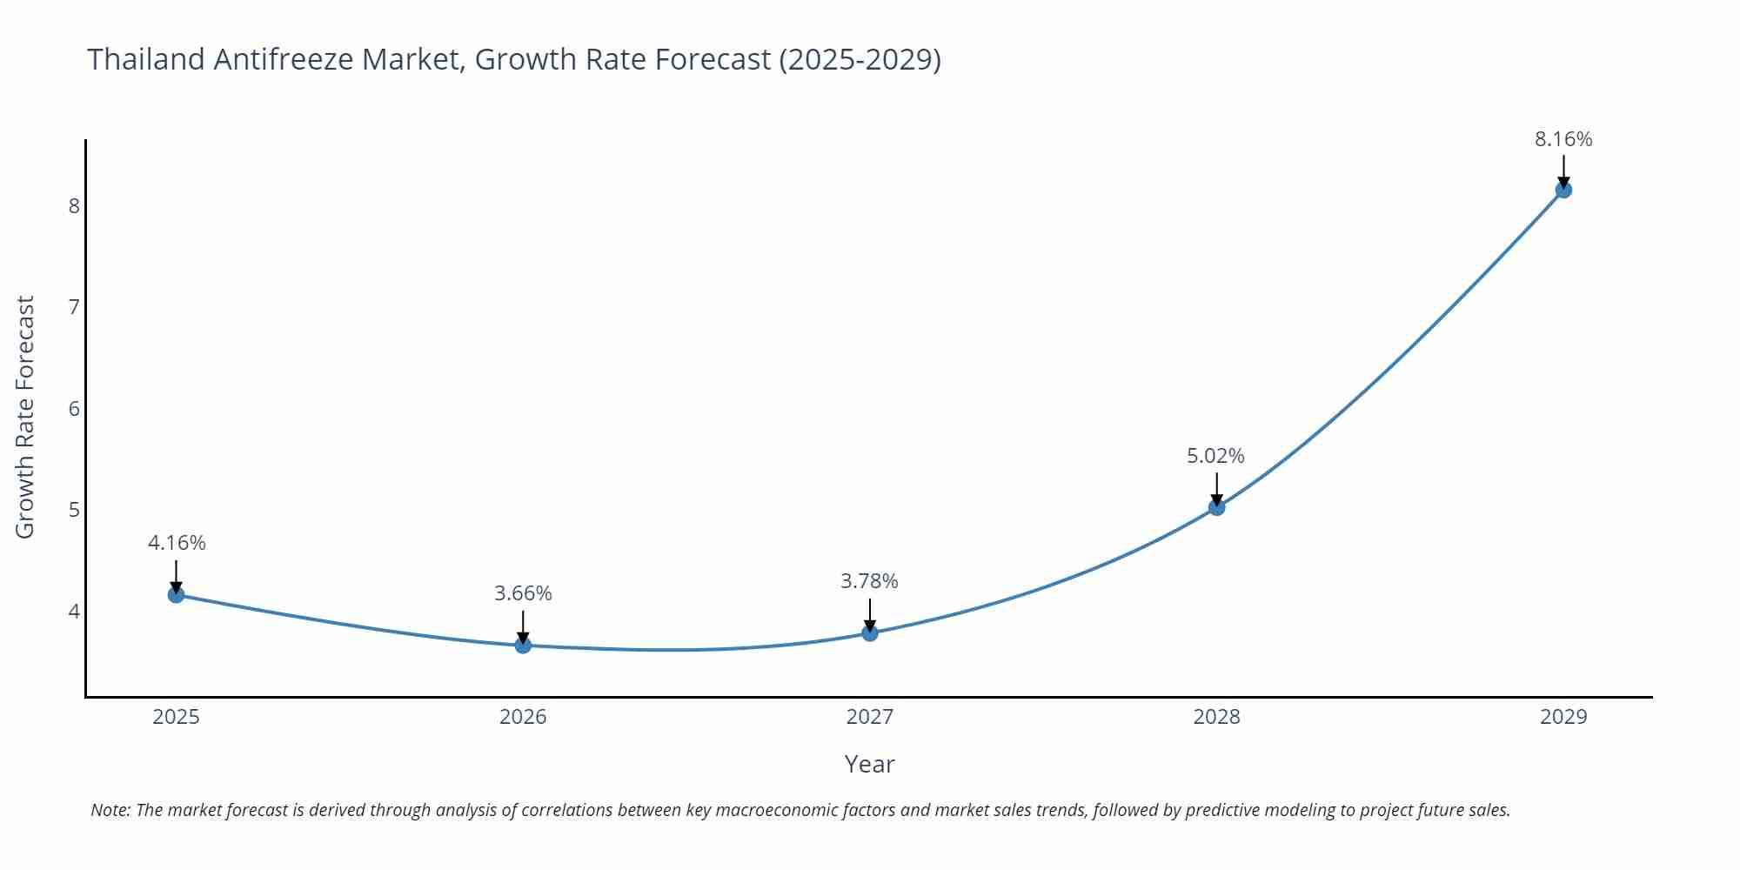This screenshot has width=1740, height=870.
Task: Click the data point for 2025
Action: click(x=176, y=595)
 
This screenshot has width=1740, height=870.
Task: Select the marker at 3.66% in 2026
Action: click(x=523, y=646)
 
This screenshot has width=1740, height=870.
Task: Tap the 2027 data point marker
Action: click(x=870, y=633)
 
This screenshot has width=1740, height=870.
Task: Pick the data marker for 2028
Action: click(x=1217, y=507)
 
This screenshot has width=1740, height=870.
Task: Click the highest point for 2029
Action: click(x=1563, y=190)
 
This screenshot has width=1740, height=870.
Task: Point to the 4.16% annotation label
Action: click(x=177, y=543)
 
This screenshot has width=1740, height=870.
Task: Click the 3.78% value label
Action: click(x=869, y=581)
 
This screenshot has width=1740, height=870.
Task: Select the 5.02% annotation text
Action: click(x=1215, y=456)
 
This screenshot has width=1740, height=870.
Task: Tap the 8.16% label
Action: click(x=1563, y=139)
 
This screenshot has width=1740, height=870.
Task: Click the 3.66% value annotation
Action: click(x=523, y=593)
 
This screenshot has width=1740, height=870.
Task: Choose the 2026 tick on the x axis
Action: click(x=523, y=717)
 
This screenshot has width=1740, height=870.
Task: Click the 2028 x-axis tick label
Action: click(x=1216, y=717)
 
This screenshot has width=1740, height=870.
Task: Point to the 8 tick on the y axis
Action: click(x=74, y=206)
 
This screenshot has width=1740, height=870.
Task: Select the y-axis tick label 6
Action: click(x=74, y=409)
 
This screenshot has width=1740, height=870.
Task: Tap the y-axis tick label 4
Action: click(x=74, y=612)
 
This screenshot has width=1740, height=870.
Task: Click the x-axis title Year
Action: click(x=869, y=764)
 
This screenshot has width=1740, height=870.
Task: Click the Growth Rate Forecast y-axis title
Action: click(x=25, y=417)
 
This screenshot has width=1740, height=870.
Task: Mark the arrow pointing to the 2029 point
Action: click(x=1563, y=170)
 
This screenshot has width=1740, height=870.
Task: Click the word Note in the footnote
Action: click(x=110, y=810)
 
